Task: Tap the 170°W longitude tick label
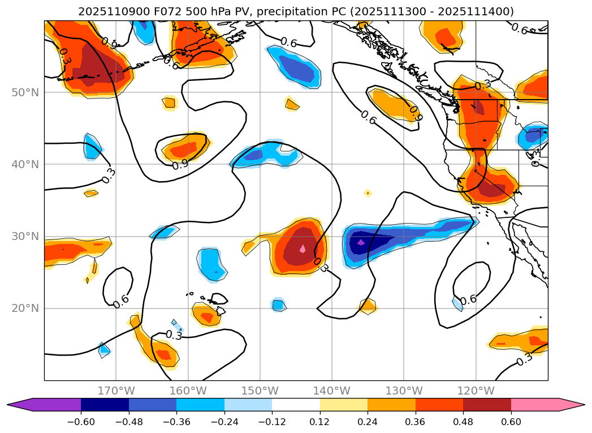pyautogui.click(x=116, y=391)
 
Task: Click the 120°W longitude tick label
pyautogui.click(x=476, y=391)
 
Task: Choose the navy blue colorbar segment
pyautogui.click(x=105, y=404)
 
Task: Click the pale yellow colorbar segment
pyautogui.click(x=344, y=404)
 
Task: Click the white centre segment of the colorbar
pyautogui.click(x=296, y=404)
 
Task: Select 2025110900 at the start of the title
pyautogui.click(x=106, y=11)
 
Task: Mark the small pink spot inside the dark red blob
pyautogui.click(x=303, y=248)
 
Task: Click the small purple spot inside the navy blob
pyautogui.click(x=361, y=242)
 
